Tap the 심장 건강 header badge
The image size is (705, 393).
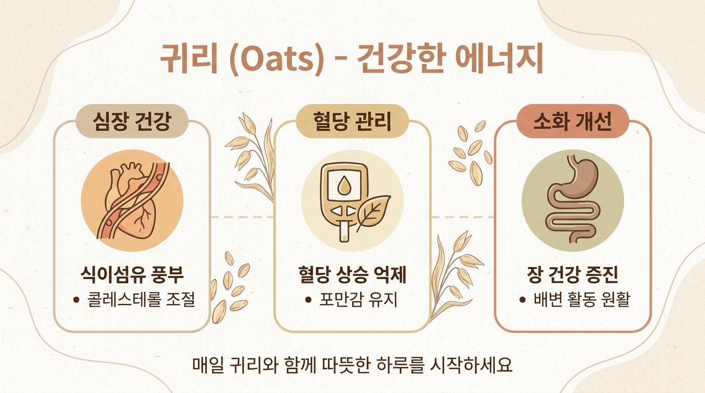tap(132, 121)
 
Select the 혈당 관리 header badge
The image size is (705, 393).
tap(352, 121)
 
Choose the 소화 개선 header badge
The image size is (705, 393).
tap(572, 121)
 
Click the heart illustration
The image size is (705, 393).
tap(132, 201)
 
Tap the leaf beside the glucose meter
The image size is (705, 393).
tap(374, 212)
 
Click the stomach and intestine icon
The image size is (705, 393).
tap(571, 200)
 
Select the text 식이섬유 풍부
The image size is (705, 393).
tap(132, 274)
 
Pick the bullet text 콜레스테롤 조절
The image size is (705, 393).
tap(141, 299)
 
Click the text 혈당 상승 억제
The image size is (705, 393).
tap(352, 274)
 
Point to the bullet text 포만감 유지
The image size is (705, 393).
tap(358, 299)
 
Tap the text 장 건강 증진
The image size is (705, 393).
tap(572, 274)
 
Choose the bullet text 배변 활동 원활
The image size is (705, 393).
tap(582, 299)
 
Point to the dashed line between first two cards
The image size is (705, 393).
tap(242, 217)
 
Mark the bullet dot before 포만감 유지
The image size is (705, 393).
tap(308, 300)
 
